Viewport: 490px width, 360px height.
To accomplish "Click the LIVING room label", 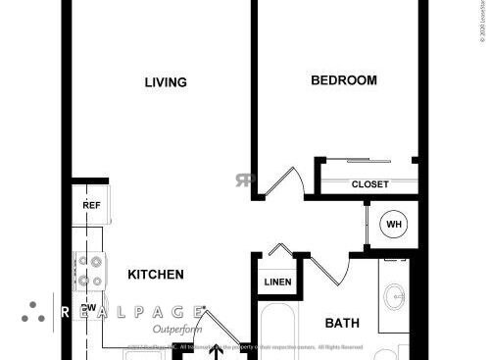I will pos(166,82).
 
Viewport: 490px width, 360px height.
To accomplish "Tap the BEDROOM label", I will pos(343,80).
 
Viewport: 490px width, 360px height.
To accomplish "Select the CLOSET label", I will pos(369,184).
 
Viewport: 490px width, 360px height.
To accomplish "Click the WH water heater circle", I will pos(394,225).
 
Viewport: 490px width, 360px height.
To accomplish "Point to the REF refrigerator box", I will pos(91,205).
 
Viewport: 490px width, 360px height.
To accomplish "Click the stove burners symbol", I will pos(91,271).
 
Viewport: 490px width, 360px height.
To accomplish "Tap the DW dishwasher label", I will pos(89,307).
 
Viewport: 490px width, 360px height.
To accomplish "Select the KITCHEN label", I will pos(156,275).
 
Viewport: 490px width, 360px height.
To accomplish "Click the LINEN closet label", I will pos(276,283).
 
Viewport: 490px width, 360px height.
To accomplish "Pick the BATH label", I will pos(342,323).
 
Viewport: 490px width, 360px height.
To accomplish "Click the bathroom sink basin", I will pos(396,297).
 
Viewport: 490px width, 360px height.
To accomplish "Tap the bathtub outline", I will pos(284,334).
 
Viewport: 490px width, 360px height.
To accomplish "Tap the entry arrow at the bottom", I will pos(217,349).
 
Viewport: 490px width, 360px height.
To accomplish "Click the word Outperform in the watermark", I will pos(177,330).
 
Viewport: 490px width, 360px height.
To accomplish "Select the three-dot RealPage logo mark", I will pos(33,312).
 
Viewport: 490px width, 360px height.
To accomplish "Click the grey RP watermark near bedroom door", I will pos(245,180).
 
